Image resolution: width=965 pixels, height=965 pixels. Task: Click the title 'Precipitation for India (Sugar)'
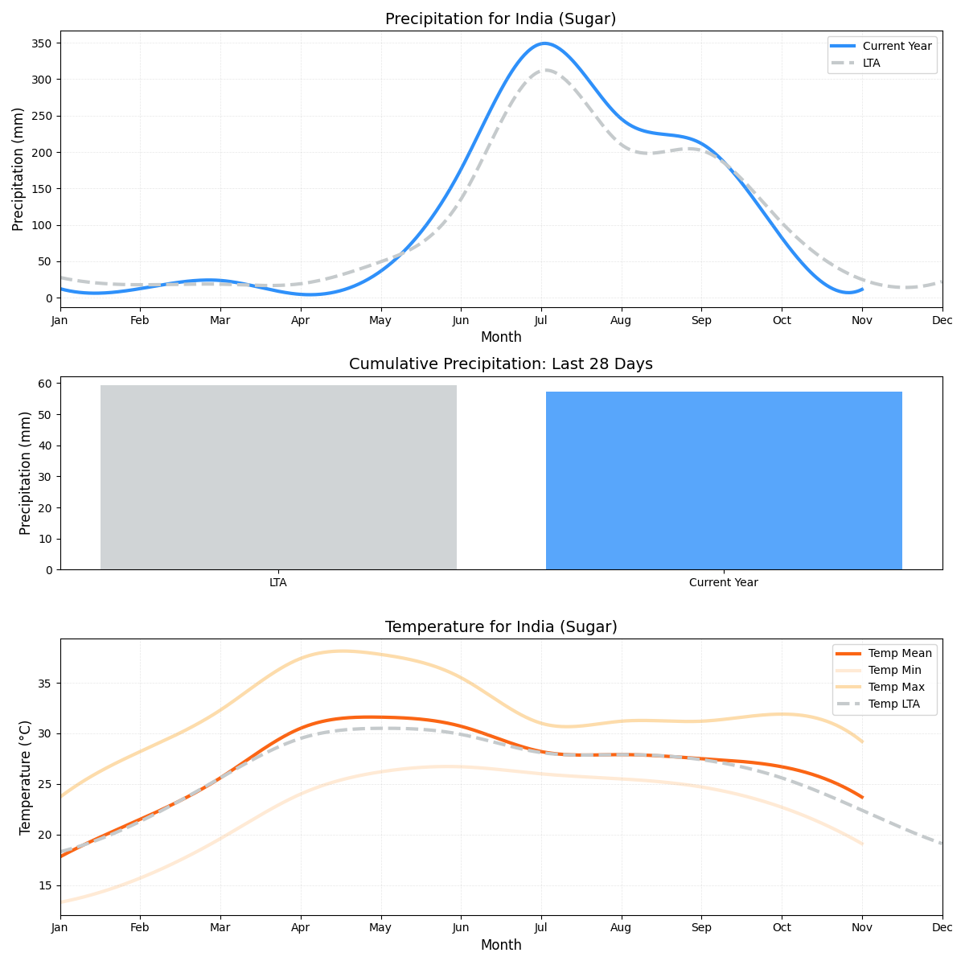[500, 19]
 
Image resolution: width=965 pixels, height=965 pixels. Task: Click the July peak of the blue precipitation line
[544, 43]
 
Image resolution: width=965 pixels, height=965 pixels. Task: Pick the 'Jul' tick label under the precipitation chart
[540, 321]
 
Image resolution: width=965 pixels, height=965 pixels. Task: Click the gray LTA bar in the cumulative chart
[278, 477]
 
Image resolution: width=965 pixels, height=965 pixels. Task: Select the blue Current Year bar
[724, 480]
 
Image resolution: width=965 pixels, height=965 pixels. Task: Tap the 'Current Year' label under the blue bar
[724, 583]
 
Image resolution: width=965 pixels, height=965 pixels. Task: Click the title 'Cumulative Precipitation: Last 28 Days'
[500, 364]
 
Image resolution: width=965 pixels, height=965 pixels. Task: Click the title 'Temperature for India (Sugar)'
[500, 627]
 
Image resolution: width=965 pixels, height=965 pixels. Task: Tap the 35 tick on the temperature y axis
[45, 684]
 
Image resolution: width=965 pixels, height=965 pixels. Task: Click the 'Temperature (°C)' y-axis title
[25, 777]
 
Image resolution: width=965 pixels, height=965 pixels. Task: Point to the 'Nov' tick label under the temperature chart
[862, 928]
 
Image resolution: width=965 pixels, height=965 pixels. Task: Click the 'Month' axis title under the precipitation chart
[500, 338]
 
